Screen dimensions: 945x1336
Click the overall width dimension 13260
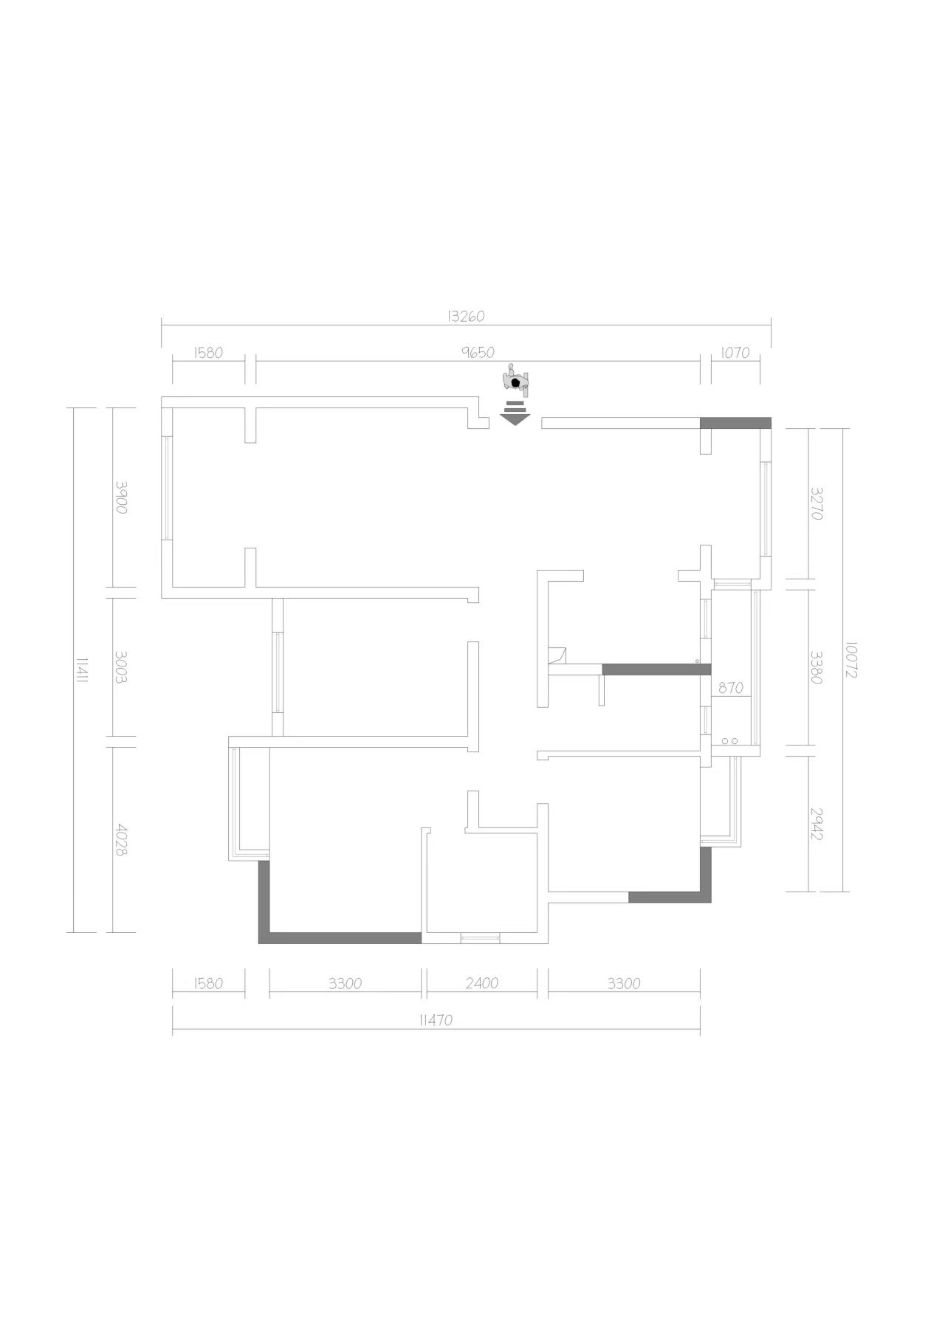[466, 316]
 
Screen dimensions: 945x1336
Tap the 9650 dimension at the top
[478, 352]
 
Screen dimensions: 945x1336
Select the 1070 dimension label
[735, 352]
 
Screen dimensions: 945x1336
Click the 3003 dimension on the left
[122, 667]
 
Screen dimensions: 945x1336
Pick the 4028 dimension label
[122, 839]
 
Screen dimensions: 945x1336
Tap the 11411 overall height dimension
[83, 669]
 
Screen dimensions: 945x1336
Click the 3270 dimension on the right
[816, 503]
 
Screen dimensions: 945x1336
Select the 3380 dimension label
[816, 667]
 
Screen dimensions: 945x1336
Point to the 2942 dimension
[816, 823]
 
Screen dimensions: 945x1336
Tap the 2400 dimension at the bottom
[482, 982]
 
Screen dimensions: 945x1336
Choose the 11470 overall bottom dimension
[436, 1020]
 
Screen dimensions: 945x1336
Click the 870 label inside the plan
[730, 687]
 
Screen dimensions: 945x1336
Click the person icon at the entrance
[516, 380]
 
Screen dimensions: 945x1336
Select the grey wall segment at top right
[735, 423]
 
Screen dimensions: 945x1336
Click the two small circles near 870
[730, 740]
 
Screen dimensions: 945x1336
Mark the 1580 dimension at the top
[208, 352]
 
